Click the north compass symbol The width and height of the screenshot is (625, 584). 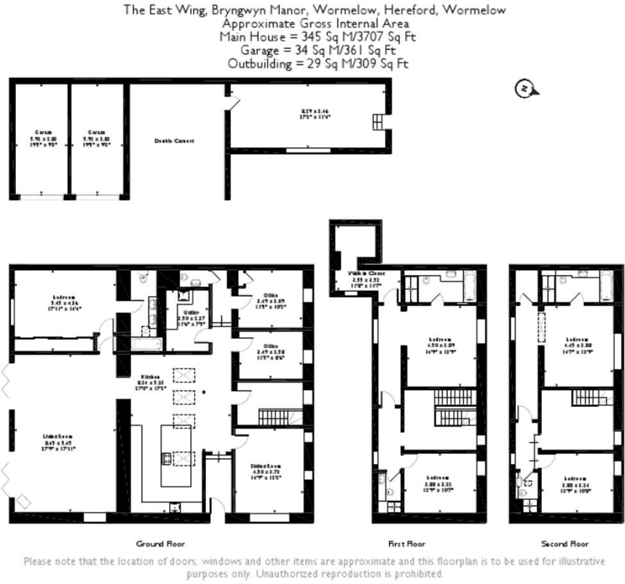pos(524,89)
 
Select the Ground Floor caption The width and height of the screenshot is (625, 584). pos(160,544)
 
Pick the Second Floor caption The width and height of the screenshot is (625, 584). pos(565,544)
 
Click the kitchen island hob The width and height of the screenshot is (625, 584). pos(165,459)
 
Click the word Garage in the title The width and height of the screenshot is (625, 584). pos(261,50)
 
